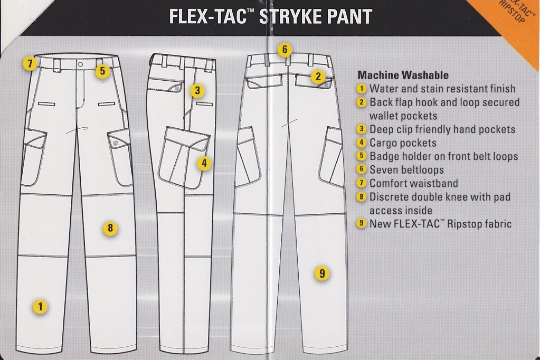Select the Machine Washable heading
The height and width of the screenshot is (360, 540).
click(x=403, y=75)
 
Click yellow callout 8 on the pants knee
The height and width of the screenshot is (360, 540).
click(x=110, y=228)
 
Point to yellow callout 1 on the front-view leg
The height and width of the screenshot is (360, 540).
click(x=40, y=306)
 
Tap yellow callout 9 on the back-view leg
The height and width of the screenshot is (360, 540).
click(x=321, y=273)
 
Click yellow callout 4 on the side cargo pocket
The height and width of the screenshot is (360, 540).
click(x=204, y=163)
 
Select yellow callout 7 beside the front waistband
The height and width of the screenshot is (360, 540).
click(x=30, y=64)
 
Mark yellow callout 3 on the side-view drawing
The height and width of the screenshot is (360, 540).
click(x=197, y=90)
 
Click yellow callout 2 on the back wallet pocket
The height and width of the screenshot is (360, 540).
click(x=317, y=77)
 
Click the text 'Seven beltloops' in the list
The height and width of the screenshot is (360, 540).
click(x=406, y=170)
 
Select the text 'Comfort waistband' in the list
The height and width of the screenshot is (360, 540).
click(x=413, y=184)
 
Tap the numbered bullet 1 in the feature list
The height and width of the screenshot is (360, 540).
click(x=362, y=89)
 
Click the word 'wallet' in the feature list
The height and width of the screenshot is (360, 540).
click(x=384, y=116)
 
